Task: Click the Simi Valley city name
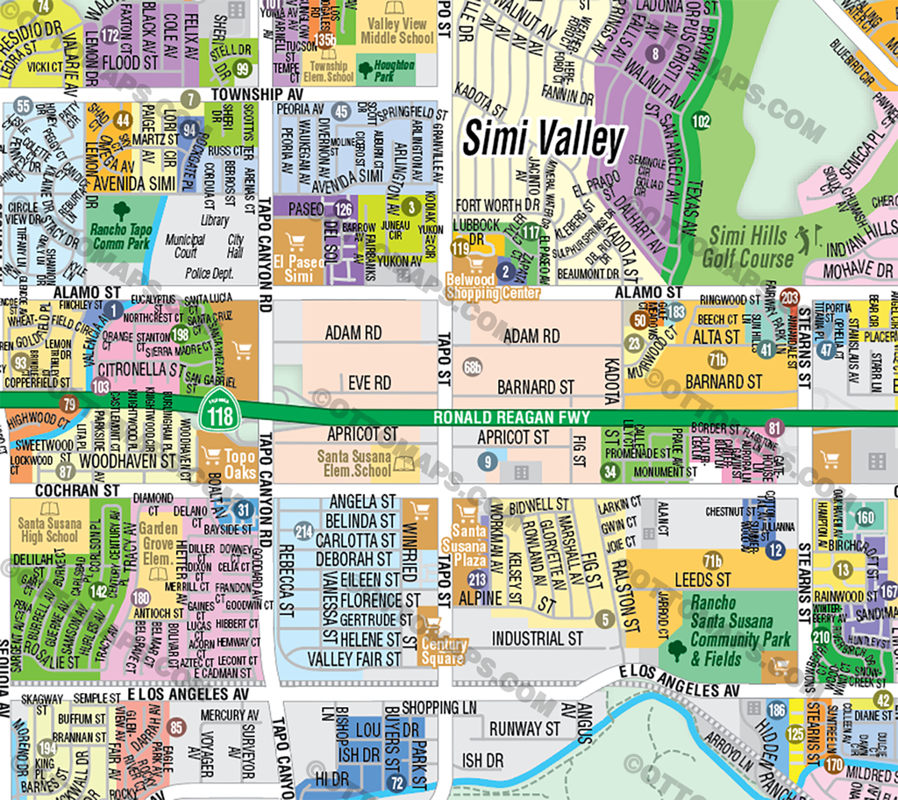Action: [x=544, y=139]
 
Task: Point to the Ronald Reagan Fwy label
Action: [x=512, y=418]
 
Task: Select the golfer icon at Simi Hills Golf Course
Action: [x=804, y=238]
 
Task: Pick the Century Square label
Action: [x=444, y=650]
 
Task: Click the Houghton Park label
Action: [x=394, y=71]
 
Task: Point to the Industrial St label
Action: [x=537, y=638]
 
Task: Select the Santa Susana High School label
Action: [x=49, y=529]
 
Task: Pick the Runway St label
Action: [x=524, y=729]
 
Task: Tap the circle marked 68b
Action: [x=474, y=367]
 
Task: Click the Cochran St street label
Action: [x=61, y=489]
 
